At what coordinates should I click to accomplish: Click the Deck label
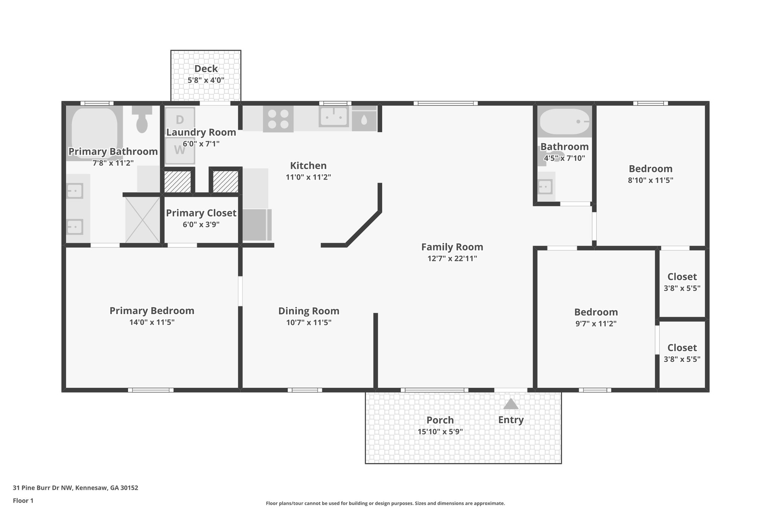(206, 69)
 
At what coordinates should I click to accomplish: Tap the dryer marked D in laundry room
(180, 120)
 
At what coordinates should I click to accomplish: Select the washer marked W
(180, 150)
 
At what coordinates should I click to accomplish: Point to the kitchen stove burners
(278, 119)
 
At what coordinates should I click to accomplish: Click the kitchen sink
(334, 117)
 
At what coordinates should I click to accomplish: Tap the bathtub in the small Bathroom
(564, 122)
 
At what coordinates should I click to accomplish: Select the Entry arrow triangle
(511, 404)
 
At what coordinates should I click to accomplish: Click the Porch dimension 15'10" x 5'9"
(440, 432)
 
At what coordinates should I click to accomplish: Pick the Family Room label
(452, 247)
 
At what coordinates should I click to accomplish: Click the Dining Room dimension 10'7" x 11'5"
(309, 322)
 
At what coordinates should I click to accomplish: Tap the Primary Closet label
(201, 213)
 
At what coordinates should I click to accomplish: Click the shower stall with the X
(142, 220)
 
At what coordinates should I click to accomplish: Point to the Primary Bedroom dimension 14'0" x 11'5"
(152, 322)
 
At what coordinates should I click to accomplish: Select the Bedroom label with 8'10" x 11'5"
(650, 169)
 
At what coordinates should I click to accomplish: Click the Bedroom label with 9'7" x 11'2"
(596, 312)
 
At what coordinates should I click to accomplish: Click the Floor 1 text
(23, 501)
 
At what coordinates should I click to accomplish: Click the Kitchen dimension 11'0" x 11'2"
(308, 177)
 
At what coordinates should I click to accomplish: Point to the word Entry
(511, 420)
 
